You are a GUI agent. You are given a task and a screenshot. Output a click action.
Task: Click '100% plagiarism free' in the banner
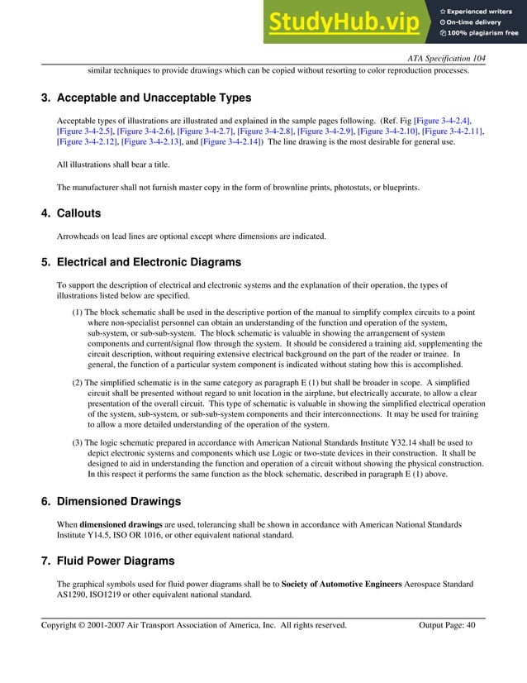[x=482, y=33]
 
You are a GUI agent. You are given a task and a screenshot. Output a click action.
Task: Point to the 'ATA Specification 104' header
[x=447, y=58]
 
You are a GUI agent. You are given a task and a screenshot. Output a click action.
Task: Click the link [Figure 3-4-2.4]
[x=443, y=121]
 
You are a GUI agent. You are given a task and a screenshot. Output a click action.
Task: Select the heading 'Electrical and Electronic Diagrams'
[x=149, y=262]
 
